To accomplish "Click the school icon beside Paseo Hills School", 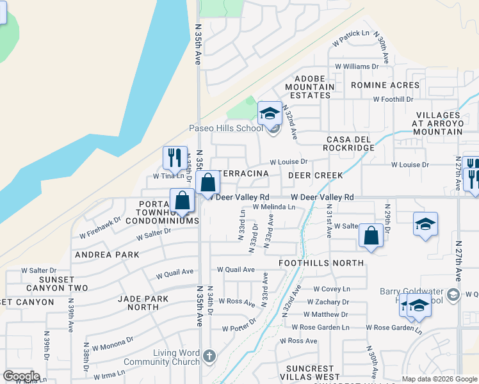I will [270, 114].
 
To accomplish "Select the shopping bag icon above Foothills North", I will [371, 236].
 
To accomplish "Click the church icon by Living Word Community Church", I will [209, 355].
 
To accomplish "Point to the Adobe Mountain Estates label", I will [309, 86].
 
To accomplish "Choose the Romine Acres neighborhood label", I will [385, 85].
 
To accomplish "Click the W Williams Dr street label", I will [357, 67].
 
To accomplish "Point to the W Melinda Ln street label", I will [273, 207].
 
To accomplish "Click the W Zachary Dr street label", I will [328, 302].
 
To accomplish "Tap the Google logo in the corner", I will [21, 376].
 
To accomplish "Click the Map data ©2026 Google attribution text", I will [439, 379].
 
